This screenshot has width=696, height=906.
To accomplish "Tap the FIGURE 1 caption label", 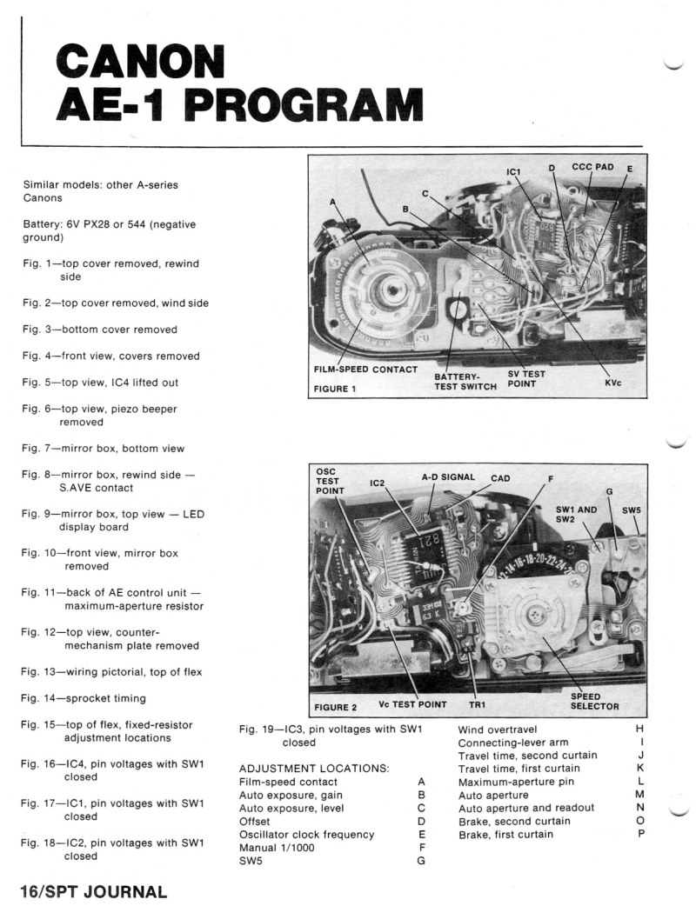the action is point(335,389).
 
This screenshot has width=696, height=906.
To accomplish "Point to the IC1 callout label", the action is point(513,171).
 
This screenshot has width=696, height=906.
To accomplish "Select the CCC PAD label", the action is point(592,167).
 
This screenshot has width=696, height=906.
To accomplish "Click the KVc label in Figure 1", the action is point(612,383).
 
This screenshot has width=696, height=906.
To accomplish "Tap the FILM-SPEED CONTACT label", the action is point(365,370).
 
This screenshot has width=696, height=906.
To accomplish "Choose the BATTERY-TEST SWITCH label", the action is point(465,382).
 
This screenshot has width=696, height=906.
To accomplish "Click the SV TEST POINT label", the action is point(526,378).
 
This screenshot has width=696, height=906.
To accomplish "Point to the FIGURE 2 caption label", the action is point(335,707).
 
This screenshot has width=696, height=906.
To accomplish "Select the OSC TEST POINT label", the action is point(330,481).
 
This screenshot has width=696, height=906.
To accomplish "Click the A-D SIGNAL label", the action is point(448,477).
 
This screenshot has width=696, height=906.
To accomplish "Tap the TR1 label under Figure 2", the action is point(477,705).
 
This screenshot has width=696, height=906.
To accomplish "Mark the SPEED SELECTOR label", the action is point(594,701).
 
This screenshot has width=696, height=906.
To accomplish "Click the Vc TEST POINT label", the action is point(412,704).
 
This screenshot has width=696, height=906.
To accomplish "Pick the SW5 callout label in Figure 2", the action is point(632,510).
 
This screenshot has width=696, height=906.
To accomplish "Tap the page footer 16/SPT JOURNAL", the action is point(94,891).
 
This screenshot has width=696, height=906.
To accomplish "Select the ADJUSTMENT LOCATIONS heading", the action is point(314,769).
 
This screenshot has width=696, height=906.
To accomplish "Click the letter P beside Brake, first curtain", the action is point(640,834).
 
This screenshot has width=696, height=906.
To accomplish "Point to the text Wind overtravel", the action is point(497,729).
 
